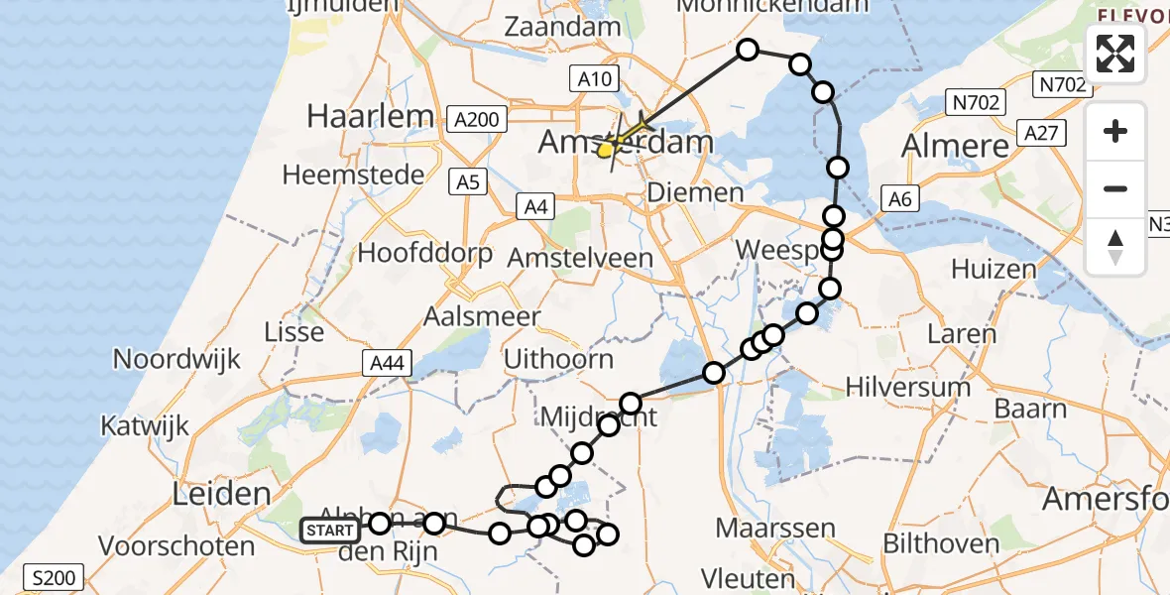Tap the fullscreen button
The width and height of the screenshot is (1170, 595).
[x=1115, y=54]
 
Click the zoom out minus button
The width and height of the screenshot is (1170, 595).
[x=1115, y=188]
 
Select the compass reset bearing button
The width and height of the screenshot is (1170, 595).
[x=1115, y=247]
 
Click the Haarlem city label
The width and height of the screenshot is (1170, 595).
[x=371, y=116]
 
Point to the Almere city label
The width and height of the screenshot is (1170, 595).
[x=955, y=146]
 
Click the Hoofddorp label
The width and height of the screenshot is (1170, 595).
[x=425, y=253]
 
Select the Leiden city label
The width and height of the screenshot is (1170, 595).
[x=222, y=493]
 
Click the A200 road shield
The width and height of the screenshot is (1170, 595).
[x=477, y=120]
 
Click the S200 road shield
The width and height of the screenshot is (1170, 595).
[x=55, y=577]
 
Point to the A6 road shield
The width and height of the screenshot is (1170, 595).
[x=898, y=199]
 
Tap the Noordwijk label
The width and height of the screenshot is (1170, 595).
[x=177, y=358]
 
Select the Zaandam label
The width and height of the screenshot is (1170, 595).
[x=561, y=28]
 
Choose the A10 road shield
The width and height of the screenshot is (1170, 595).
[x=594, y=78]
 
